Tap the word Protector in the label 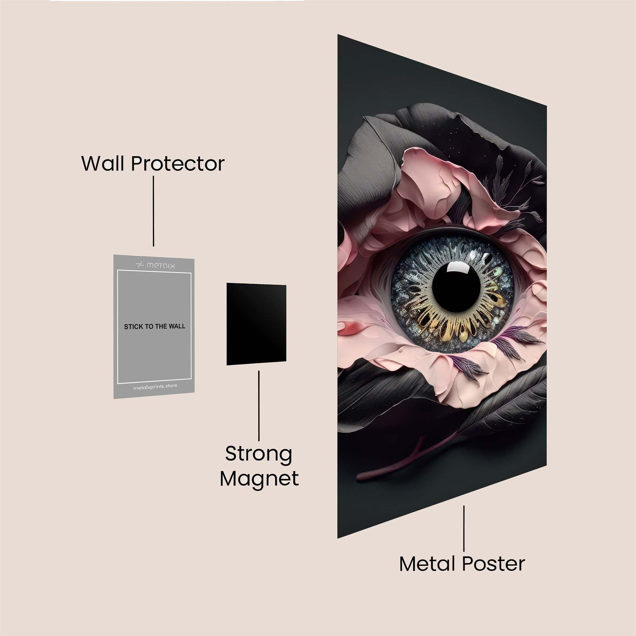[x=178, y=163]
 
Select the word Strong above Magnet [x=259, y=454]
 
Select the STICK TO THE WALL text [x=155, y=327]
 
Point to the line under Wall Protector [x=153, y=211]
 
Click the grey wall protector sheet [x=154, y=356]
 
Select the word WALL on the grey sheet [x=177, y=326]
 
